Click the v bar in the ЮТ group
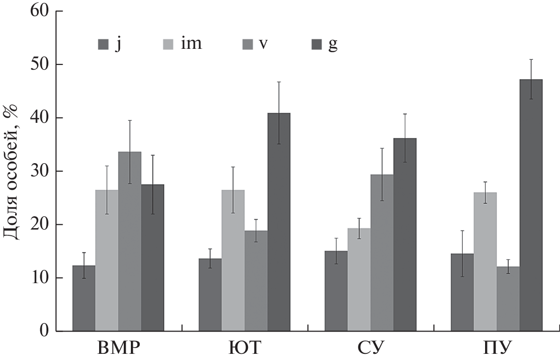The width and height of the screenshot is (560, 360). (256, 280)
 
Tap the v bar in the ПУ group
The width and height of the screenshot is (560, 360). (508, 298)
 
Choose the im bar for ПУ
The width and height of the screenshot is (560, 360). (485, 261)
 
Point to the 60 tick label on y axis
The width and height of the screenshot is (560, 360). (39, 11)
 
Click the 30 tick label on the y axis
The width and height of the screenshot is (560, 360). (39, 171)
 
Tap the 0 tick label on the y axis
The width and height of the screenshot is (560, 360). (44, 331)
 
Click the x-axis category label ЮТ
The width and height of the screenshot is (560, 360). (245, 350)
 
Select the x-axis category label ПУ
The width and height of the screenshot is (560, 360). (496, 350)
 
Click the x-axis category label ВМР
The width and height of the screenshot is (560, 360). (118, 350)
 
